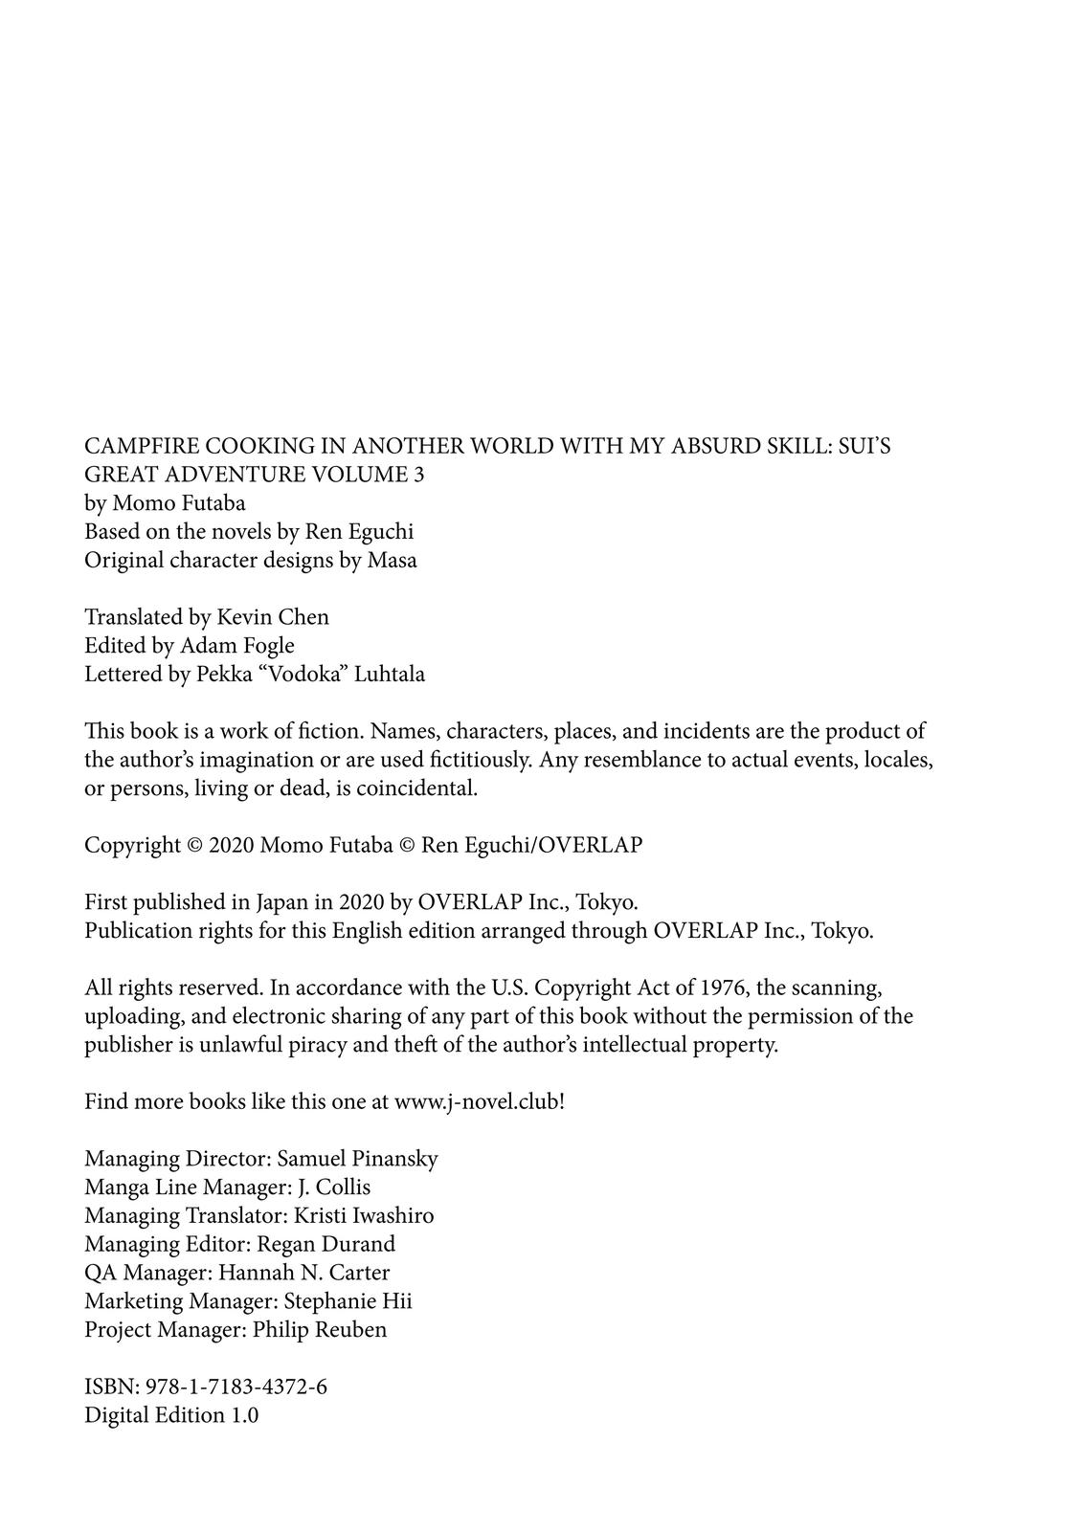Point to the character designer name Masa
393,560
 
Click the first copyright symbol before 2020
194,846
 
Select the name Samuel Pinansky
357,1159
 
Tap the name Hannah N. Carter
304,1273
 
